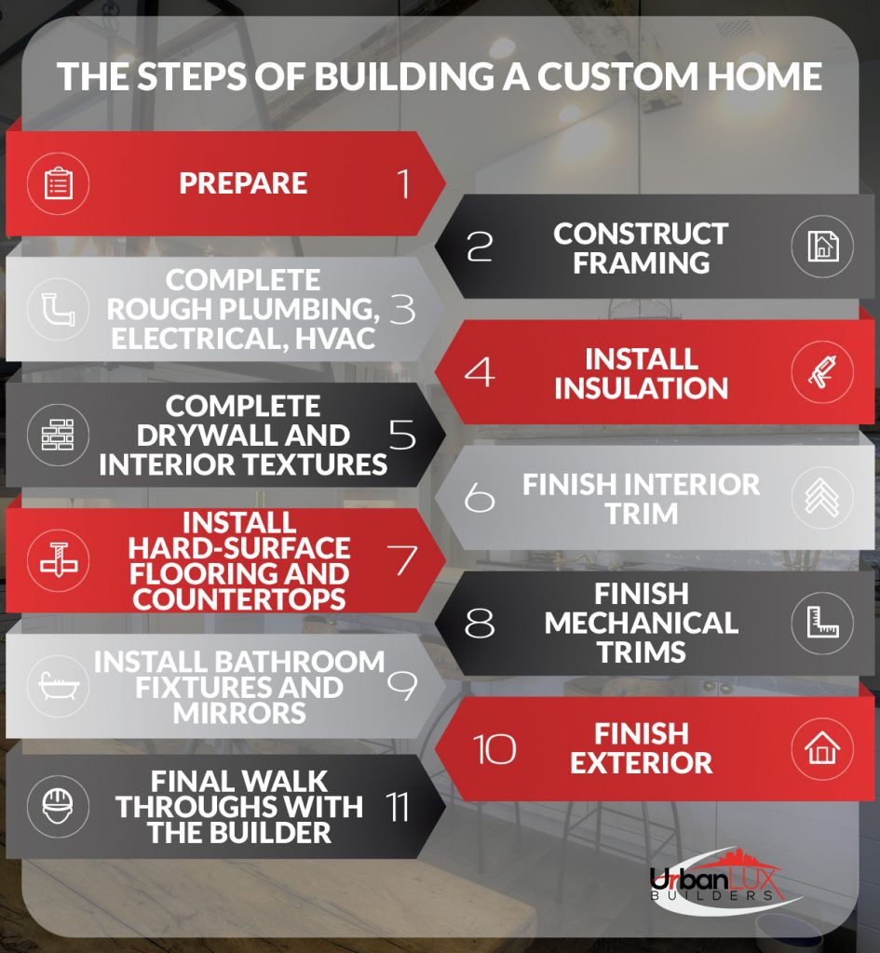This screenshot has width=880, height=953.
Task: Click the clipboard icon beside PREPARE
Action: [59, 183]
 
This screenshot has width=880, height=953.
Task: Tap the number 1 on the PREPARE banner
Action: [403, 183]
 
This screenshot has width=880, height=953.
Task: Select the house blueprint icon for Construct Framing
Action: [822, 246]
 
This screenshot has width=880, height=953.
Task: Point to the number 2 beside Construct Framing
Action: [480, 248]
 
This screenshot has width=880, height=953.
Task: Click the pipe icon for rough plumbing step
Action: [59, 309]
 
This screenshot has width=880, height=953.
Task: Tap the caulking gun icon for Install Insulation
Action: [822, 372]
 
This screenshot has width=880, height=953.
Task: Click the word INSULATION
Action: [641, 388]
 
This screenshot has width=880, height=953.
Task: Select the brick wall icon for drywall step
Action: [59, 435]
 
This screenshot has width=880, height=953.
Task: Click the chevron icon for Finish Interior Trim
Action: [822, 497]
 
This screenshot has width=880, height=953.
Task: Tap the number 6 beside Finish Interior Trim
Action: [480, 498]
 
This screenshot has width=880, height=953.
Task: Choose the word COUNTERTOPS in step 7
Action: [239, 600]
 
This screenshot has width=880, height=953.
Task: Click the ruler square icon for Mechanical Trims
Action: [822, 623]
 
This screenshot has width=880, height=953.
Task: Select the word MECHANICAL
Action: [641, 623]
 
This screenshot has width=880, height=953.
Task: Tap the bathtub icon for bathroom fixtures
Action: [59, 686]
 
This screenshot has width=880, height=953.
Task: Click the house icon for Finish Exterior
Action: [822, 749]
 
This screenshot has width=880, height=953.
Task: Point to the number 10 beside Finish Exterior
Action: [494, 749]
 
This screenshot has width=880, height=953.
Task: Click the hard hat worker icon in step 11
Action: [59, 807]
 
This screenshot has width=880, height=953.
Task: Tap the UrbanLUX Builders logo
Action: [724, 881]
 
